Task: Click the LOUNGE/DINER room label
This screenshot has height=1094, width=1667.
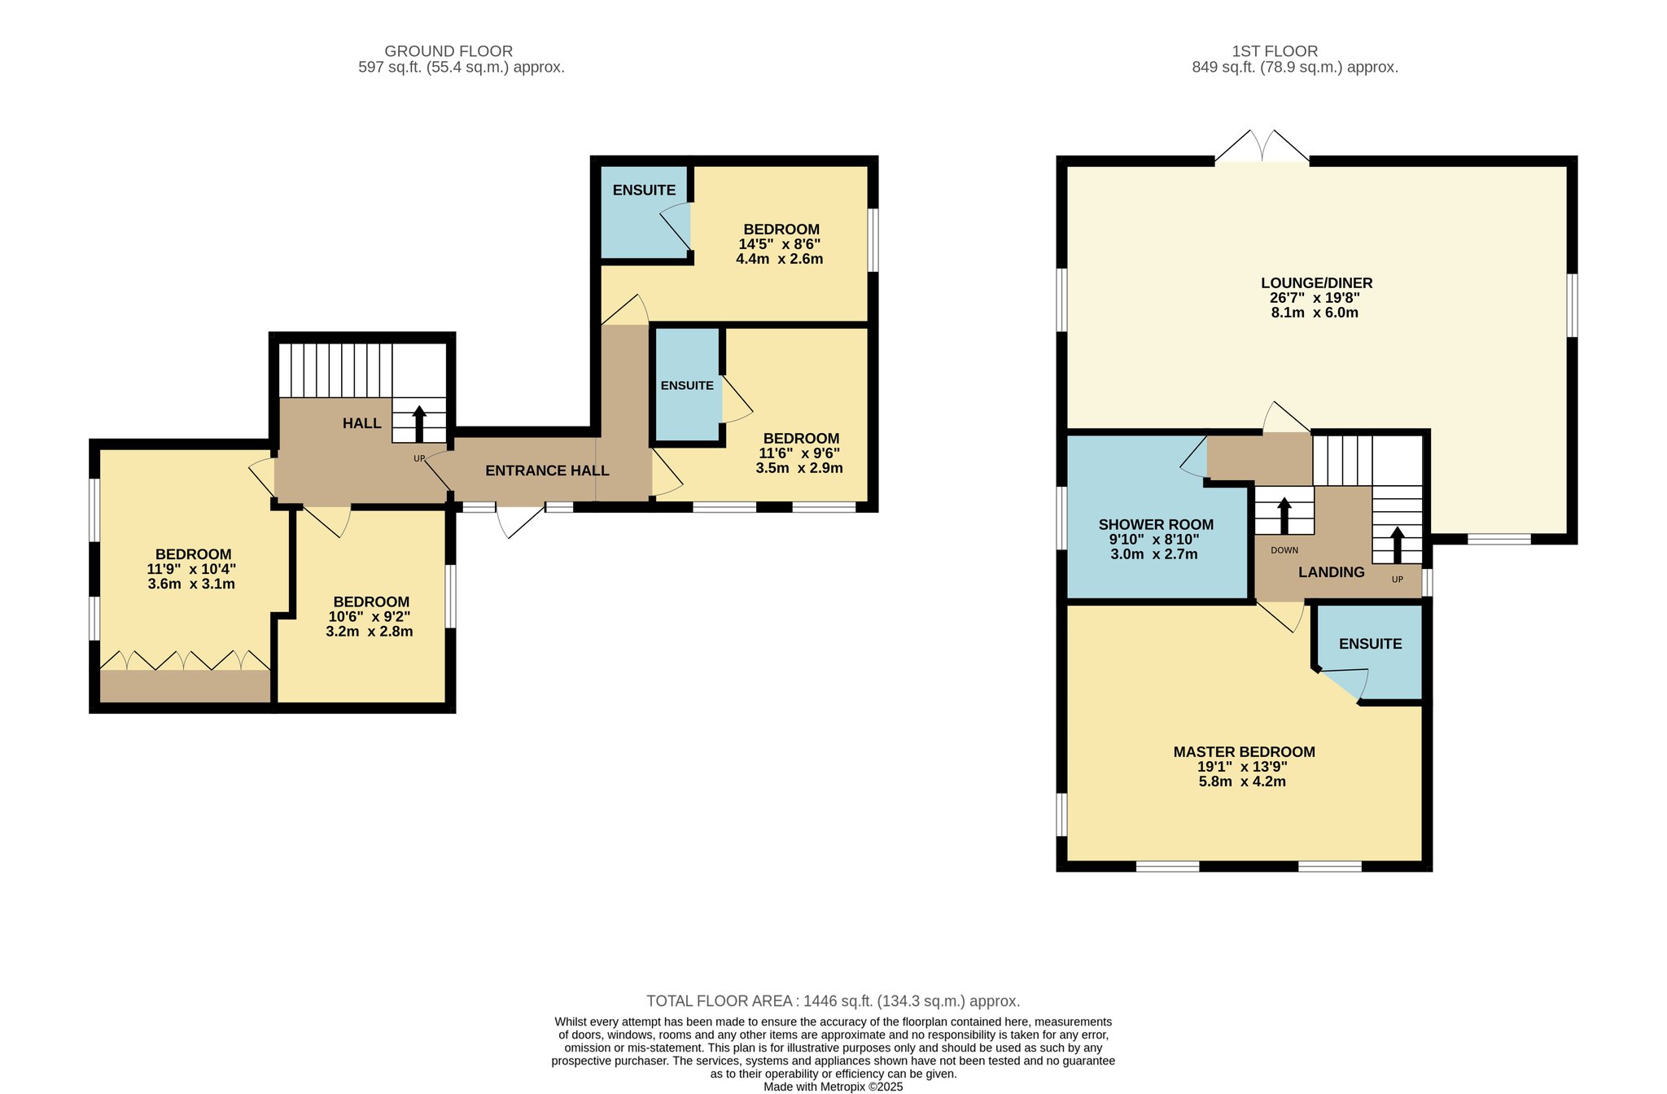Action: [x=1316, y=283]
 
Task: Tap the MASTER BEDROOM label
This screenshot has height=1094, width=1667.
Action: [x=1244, y=752]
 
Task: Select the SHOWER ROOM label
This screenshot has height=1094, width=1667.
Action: [x=1156, y=525]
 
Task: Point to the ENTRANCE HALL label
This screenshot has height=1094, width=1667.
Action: [x=547, y=470]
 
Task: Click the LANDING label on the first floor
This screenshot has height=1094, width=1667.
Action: [x=1331, y=572]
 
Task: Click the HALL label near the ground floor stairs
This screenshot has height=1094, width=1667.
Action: [x=361, y=423]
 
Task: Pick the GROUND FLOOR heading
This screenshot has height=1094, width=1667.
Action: [x=448, y=51]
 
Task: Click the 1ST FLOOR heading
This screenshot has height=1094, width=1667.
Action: [x=1275, y=51]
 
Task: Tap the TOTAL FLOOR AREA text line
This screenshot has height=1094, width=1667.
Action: [x=833, y=1001]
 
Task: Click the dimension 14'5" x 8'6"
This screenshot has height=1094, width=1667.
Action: [x=779, y=244]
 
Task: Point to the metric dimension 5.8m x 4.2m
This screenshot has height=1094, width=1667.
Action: [x=1242, y=781]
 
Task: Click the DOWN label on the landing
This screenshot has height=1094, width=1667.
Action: [x=1284, y=550]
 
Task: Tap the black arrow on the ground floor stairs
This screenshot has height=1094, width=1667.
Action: [x=419, y=423]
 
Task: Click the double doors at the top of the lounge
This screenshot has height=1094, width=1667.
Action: [x=1262, y=146]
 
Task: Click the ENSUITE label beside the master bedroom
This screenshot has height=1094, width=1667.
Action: [x=1370, y=644]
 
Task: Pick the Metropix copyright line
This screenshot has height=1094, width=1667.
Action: [x=833, y=1087]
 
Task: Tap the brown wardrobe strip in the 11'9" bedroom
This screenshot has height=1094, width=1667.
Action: [x=186, y=686]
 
